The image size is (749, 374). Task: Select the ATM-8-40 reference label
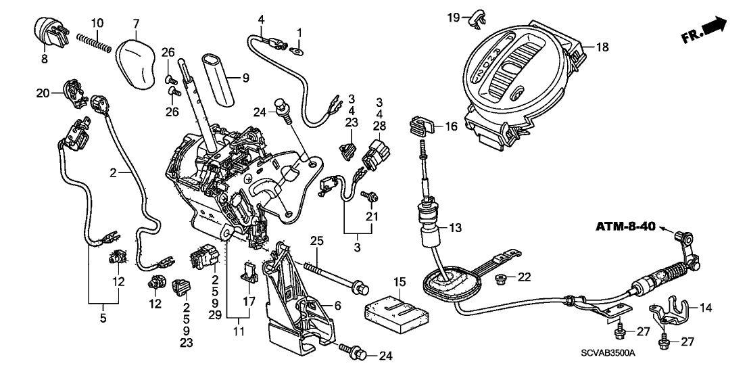point(625,227)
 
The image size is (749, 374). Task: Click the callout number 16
point(451,126)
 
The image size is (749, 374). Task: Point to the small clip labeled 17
point(250,273)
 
